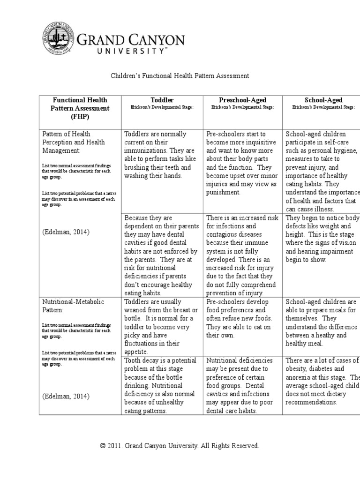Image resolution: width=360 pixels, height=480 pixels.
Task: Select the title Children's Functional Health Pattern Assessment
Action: pos(180,75)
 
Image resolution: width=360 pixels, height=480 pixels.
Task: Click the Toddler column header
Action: pos(162,100)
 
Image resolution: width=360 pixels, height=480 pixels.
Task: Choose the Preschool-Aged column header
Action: pos(242,100)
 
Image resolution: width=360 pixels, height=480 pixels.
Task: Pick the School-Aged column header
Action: pos(323,100)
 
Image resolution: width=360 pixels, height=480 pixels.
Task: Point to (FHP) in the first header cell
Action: pos(80,116)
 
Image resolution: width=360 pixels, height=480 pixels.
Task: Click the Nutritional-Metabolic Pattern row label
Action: pos(73,306)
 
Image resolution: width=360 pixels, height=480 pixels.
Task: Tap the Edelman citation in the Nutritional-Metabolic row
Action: pos(66,396)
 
